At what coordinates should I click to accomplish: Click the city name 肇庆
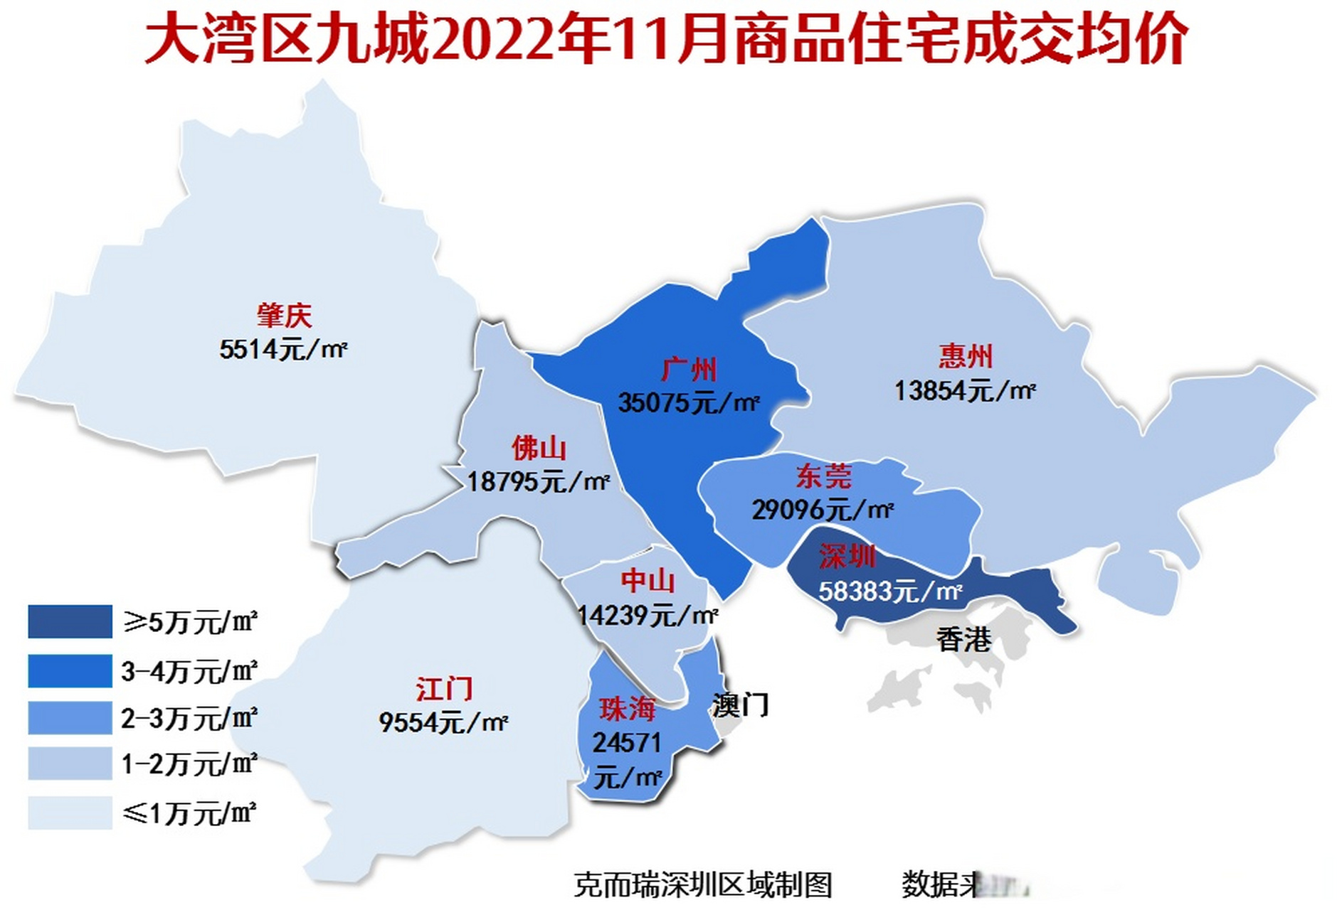coord(284,316)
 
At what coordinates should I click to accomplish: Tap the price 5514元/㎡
coord(282,350)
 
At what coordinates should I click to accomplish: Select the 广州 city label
coord(688,370)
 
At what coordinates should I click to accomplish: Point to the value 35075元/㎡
coord(688,403)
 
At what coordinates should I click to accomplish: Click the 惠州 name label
coord(965,356)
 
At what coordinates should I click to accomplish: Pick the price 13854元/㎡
coord(964,390)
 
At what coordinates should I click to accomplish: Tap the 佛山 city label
coord(539,449)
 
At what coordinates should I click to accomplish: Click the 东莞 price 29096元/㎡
coord(823,509)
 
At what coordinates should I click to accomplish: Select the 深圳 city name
coord(846,557)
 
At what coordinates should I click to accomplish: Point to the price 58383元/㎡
coord(890,591)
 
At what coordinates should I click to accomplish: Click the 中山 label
coord(648,581)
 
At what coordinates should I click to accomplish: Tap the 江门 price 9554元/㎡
coord(443,722)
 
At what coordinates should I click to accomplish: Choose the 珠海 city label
coord(626,709)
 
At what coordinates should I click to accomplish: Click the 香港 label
coord(963,640)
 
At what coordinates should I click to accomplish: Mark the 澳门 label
coord(740,705)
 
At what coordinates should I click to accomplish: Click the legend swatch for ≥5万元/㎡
coord(70,621)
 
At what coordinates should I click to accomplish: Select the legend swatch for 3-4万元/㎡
coord(70,670)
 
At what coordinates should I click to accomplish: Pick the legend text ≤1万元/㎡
coord(189,813)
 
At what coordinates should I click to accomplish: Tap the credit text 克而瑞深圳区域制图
coord(702,885)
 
